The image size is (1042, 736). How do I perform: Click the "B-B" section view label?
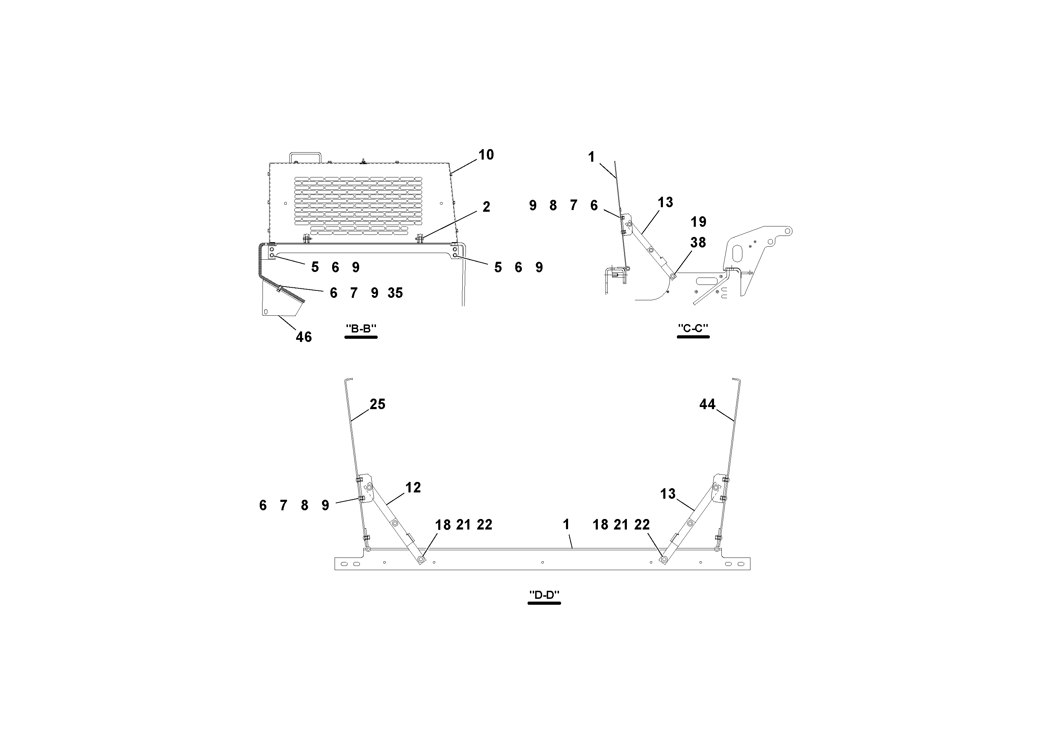coord(361,329)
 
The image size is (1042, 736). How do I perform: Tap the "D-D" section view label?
coord(544,595)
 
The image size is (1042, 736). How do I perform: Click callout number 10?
coord(486,155)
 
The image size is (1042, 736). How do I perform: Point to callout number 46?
coord(303,337)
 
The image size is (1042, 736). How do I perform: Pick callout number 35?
coord(395,293)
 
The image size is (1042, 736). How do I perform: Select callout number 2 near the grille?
coord(487,207)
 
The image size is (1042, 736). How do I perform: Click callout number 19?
coord(698,222)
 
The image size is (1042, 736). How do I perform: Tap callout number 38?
coord(698,243)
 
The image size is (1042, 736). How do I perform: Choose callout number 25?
coord(377,404)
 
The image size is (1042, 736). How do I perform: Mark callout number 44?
coord(707,404)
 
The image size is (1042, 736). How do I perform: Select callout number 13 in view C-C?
coord(665,202)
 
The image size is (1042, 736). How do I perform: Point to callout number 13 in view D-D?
coord(667,494)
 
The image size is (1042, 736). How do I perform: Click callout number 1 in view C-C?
coord(591,157)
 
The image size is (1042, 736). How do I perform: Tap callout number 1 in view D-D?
coord(566,525)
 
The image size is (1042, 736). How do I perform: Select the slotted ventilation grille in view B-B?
coord(358,205)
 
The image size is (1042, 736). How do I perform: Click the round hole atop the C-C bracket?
coord(788,231)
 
